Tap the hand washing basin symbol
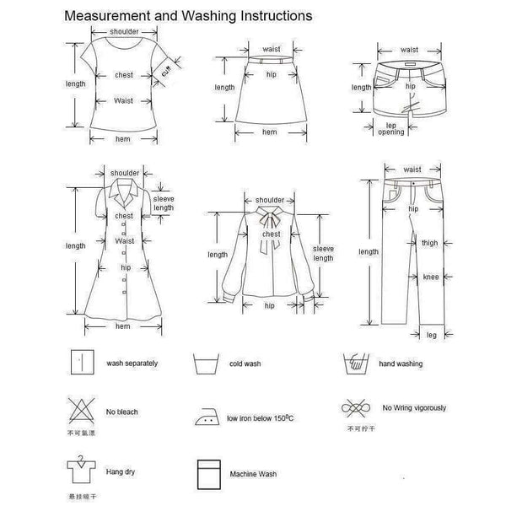tap(353, 364)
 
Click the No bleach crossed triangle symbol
tap(81, 411)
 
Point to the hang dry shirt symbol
tap(78, 470)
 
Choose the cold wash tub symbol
tap(203, 365)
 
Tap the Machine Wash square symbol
tap(207, 472)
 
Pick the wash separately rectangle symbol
tap(81, 363)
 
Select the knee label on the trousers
tap(429, 277)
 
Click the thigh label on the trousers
tap(429, 244)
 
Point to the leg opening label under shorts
tap(390, 129)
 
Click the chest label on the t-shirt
tap(124, 75)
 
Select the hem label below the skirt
tap(269, 132)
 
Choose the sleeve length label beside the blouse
tap(323, 254)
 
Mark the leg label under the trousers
tap(430, 335)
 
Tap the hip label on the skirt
tap(272, 73)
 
